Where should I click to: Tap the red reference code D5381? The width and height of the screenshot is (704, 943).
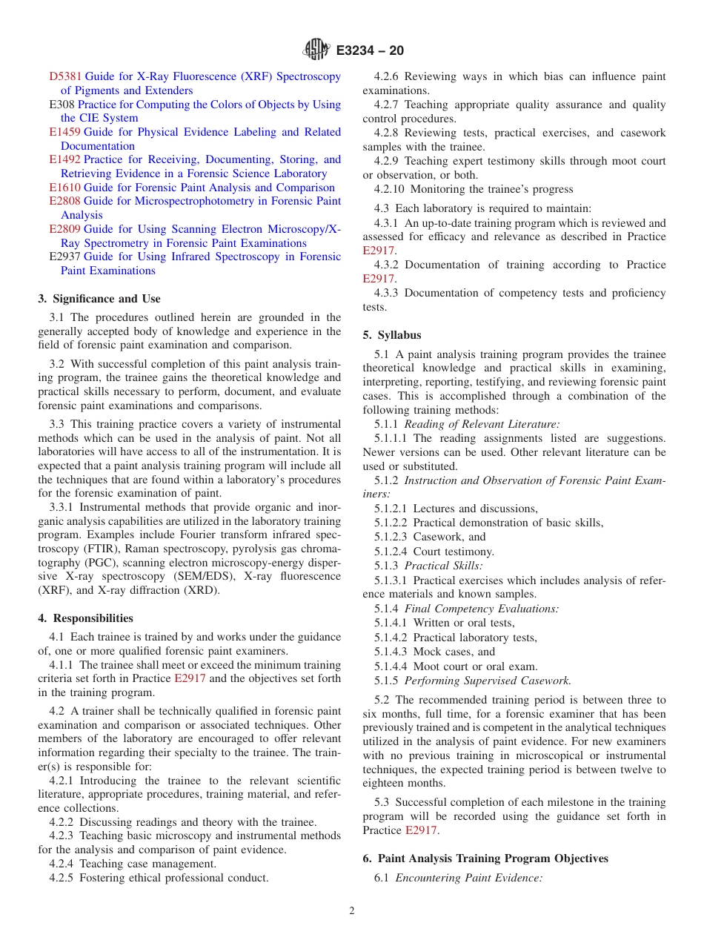tap(65, 76)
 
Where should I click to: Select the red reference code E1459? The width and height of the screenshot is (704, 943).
tap(65, 132)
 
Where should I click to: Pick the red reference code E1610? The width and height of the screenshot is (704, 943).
tap(65, 188)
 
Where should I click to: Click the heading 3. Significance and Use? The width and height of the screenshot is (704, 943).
tap(99, 299)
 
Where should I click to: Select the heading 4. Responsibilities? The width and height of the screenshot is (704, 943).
tap(86, 618)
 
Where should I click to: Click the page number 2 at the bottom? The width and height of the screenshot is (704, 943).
tap(352, 911)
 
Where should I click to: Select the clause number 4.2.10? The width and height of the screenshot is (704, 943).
tap(391, 189)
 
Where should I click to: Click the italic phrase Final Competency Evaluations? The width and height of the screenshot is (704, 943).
tap(482, 609)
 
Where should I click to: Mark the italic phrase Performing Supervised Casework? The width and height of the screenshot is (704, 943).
tap(488, 680)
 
